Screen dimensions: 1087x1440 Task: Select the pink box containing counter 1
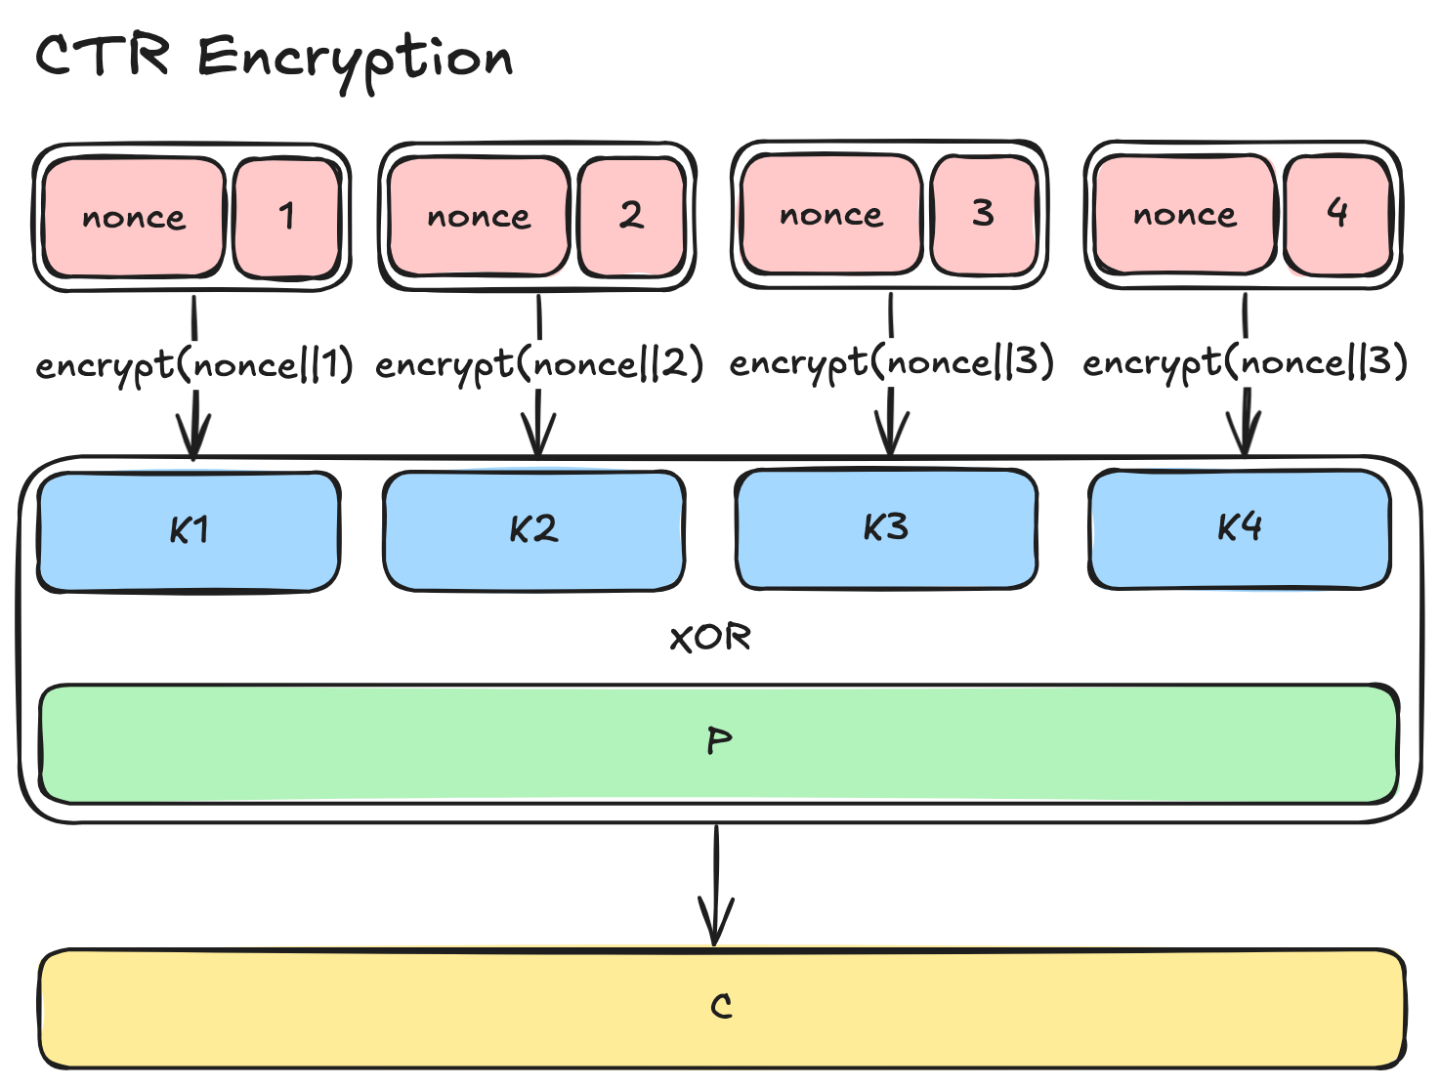(286, 217)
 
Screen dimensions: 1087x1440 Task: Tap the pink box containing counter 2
(631, 216)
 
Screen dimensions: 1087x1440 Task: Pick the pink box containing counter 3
(983, 214)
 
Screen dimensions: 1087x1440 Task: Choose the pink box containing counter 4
(1337, 214)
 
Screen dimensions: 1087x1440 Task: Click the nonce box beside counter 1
(134, 217)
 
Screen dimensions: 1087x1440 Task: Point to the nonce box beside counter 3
(831, 214)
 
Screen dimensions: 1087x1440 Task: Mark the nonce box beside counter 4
(1185, 214)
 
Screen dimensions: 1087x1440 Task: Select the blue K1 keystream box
(189, 530)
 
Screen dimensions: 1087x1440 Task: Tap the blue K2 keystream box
(533, 530)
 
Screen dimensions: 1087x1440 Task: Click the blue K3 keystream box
(886, 528)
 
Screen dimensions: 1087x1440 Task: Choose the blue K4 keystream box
(1240, 528)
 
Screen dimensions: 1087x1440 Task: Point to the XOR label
(710, 639)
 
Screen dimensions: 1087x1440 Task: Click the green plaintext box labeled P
(719, 742)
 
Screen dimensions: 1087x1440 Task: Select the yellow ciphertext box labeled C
(721, 1007)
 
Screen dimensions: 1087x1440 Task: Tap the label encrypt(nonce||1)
(194, 366)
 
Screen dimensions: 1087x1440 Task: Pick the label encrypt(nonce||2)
(539, 365)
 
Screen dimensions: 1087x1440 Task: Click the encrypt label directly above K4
(1246, 363)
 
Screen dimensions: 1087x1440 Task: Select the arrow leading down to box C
(717, 884)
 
